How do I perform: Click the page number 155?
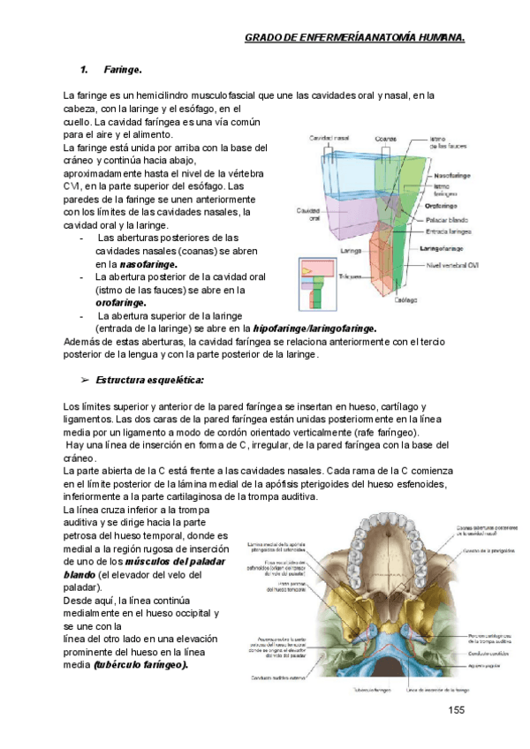pos(456,711)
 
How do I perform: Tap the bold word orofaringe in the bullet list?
pos(121,302)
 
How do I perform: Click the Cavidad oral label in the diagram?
pos(308,215)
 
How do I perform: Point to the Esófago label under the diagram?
pos(405,300)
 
